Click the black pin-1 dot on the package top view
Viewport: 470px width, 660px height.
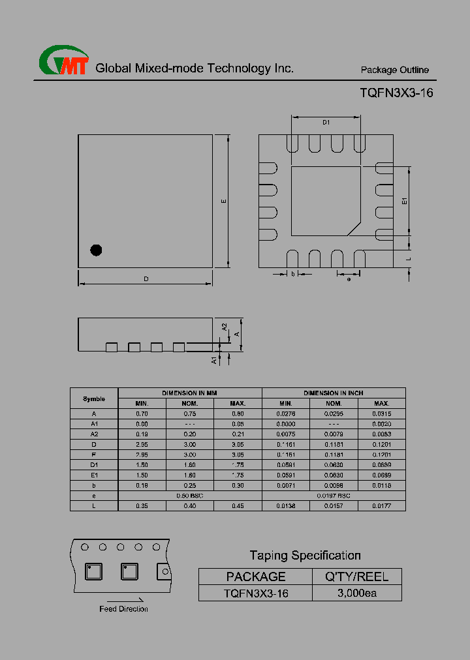pos(96,249)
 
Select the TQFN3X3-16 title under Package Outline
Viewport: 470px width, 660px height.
pos(396,93)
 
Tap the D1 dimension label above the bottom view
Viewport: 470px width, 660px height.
pos(326,123)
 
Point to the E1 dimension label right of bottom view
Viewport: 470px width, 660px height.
pos(405,202)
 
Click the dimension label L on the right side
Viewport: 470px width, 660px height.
pos(408,259)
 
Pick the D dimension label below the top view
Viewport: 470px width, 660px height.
pos(146,279)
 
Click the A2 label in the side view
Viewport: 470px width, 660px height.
pos(224,327)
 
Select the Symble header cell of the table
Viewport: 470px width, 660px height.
pos(93,398)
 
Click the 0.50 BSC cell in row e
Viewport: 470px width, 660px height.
pos(190,496)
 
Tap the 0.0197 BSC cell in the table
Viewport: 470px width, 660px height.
pos(334,496)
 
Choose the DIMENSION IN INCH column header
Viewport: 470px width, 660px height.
pos(334,393)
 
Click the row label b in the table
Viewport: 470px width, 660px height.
pos(93,485)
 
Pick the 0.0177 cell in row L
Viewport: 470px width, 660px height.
pos(382,506)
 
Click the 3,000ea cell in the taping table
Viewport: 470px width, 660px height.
pos(357,593)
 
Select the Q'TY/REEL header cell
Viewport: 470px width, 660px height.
pos(357,577)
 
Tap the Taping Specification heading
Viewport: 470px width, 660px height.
pos(305,556)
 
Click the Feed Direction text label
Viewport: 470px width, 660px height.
pos(123,609)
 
